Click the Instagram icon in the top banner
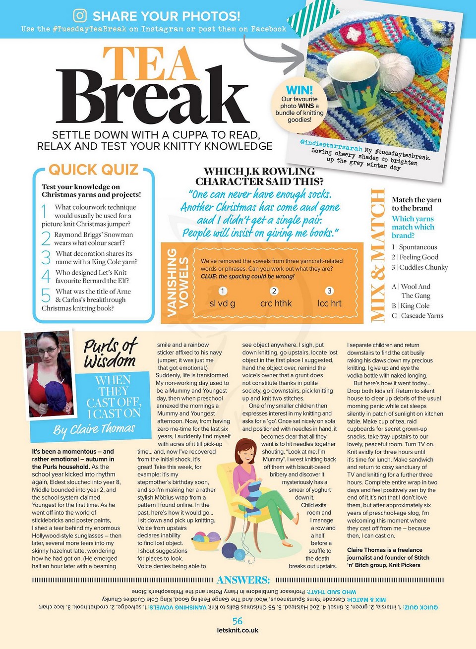(80, 15)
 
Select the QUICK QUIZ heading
(93, 170)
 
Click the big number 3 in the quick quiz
(46, 257)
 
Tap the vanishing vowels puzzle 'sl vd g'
(222, 303)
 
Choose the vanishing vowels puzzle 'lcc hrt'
(329, 303)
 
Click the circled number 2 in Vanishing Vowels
(274, 291)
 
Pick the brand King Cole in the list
(415, 306)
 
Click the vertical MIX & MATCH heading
(378, 255)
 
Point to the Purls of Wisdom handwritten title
(110, 353)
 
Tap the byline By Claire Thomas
(94, 429)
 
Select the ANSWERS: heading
(243, 580)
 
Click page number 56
(238, 621)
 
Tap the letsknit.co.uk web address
(238, 631)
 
